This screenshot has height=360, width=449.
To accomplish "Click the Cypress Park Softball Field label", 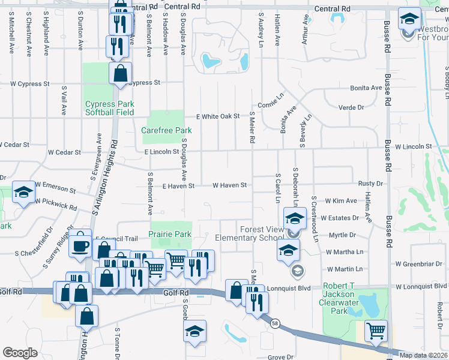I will tap(109, 108).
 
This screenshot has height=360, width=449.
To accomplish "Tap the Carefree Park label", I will tap(166, 130).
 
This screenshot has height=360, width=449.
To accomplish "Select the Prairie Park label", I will tap(170, 235).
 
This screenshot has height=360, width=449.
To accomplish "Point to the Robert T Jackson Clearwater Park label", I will tap(343, 298).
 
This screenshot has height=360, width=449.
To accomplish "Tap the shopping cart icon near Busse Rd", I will tap(376, 330).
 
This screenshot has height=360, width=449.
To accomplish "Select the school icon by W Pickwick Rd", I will tap(23, 192).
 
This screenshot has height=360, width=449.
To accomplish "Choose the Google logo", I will tap(20, 353).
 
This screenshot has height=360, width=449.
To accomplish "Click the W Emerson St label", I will tap(55, 187).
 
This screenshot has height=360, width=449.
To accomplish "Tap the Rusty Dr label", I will tap(370, 184).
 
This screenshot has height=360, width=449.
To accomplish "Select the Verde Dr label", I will tap(352, 107).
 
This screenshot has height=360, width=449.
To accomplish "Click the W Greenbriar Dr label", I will tap(420, 263).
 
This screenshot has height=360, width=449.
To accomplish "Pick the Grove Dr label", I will tap(280, 357).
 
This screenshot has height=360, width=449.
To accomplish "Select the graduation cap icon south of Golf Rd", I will tap(195, 331).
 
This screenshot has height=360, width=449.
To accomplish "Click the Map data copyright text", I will tap(424, 355).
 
